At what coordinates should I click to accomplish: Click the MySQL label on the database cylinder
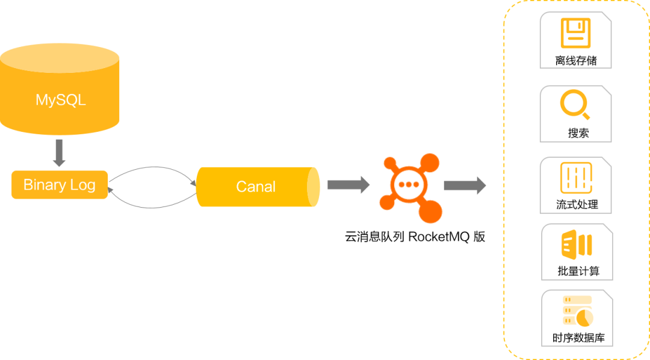point(60,99)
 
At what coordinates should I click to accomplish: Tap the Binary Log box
point(60,185)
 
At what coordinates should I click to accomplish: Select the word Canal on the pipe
point(256,187)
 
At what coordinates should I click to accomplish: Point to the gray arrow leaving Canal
point(348,185)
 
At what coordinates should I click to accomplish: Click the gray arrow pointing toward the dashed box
point(464,185)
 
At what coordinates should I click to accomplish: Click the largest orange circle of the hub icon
point(430,211)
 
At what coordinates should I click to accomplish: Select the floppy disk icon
point(575,33)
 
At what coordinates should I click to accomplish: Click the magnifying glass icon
point(575,105)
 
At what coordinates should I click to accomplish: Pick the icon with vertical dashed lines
point(577,178)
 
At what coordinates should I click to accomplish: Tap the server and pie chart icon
point(578,311)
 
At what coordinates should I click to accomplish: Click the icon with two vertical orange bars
point(577,244)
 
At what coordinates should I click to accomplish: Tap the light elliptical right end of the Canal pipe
point(314,187)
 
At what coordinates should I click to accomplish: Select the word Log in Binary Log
point(83,185)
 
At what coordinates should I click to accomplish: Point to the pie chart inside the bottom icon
point(583,317)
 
